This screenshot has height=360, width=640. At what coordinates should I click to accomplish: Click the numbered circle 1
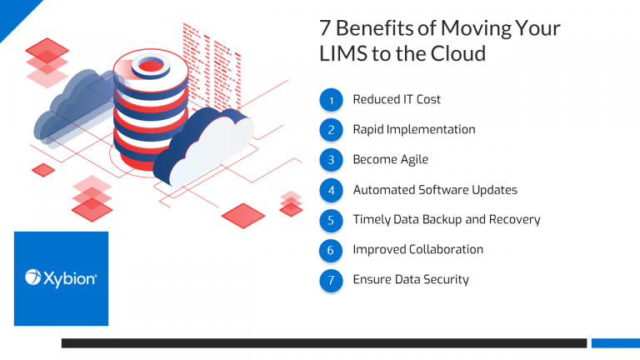(332, 100)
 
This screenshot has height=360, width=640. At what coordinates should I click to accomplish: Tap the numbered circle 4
(332, 190)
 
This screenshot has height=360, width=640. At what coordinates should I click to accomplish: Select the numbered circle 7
(332, 280)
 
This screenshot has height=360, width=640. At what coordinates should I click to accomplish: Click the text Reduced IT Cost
(397, 100)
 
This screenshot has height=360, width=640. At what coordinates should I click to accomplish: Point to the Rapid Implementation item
(413, 130)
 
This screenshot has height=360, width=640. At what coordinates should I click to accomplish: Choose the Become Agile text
(391, 160)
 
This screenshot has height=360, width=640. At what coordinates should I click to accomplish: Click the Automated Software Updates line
(435, 190)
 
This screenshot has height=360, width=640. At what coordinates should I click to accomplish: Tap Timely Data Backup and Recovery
(447, 220)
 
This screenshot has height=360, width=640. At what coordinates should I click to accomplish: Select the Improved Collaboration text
(417, 250)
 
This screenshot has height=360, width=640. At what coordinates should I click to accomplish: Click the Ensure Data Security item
(411, 280)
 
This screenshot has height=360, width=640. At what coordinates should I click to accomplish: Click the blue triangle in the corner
(12, 12)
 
